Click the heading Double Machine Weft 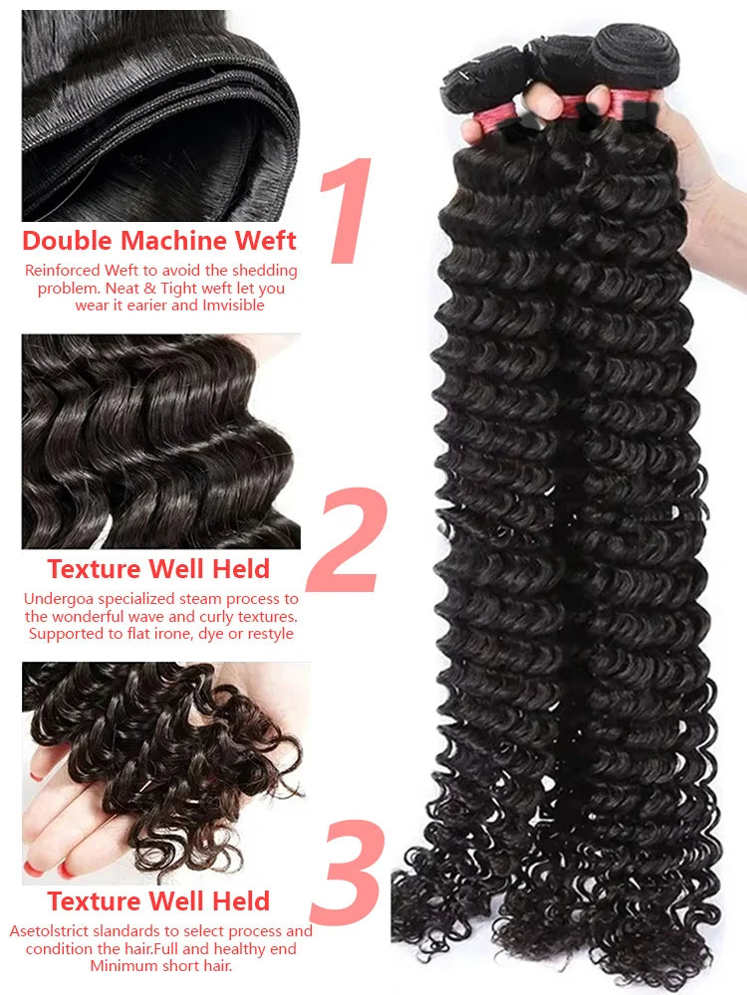coord(159,241)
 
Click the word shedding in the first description coord(264,271)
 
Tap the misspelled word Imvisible coord(233,305)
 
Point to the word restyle coord(270,634)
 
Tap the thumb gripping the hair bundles coord(541,99)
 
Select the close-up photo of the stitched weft coord(160,115)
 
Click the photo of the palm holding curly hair coord(162,773)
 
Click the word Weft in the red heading coord(266,241)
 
